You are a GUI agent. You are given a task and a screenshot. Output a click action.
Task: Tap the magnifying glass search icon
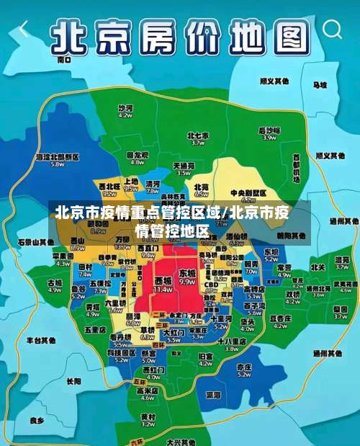tap(333, 30)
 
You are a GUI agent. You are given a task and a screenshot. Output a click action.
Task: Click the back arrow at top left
tap(24, 30)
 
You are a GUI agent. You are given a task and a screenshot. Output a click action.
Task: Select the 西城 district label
tap(163, 279)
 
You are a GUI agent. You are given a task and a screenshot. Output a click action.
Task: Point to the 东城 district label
tap(187, 274)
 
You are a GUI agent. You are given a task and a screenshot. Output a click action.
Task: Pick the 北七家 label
tap(197, 135)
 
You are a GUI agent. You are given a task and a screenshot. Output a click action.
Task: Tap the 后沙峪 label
tap(269, 130)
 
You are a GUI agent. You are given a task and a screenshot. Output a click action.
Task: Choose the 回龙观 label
tap(137, 155)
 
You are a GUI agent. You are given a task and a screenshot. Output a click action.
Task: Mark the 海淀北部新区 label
tap(57, 156)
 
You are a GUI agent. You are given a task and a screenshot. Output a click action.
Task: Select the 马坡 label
tap(319, 85)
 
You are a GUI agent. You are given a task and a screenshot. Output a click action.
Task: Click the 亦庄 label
tap(244, 366)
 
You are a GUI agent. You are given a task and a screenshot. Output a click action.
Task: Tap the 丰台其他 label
tap(41, 339)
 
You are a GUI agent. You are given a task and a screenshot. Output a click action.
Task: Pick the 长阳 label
tap(73, 381)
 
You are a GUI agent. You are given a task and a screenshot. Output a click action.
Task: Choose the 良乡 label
tap(37, 420)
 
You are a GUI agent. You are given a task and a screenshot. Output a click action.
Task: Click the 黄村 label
tap(148, 417)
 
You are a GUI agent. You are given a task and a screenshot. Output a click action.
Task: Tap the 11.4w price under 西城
tap(163, 289)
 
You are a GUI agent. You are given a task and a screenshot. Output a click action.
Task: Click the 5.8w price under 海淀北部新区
tap(57, 164)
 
